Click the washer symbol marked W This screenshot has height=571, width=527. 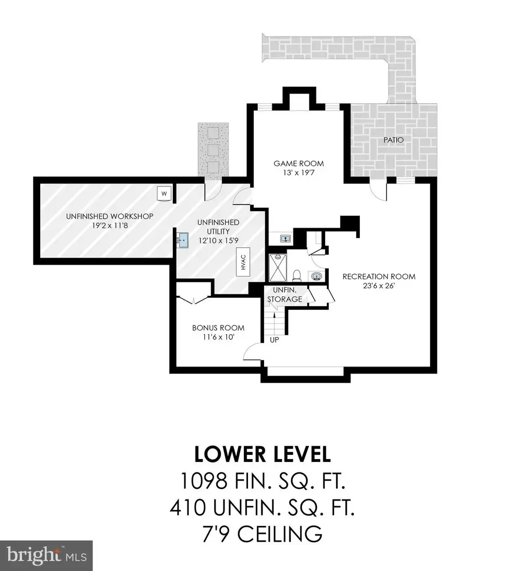coord(164,193)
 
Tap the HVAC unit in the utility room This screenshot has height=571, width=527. coord(243,262)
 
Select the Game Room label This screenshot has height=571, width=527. coord(298,163)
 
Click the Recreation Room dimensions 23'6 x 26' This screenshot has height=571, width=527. coord(379,286)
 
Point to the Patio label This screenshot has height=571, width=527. coord(394,140)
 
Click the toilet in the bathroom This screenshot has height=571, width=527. coord(297,275)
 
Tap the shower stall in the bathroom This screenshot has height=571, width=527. coord(278,268)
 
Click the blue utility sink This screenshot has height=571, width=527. coord(182,240)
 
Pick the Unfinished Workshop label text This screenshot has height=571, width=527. coord(110,216)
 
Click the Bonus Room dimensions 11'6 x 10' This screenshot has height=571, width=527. coord(218,337)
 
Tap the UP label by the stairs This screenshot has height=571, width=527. coord(274,340)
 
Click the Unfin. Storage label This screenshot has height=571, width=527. coord(285,294)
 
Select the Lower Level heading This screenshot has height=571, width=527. coord(262,454)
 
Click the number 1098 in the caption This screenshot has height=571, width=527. coord(204,481)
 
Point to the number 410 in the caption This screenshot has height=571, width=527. coord(188,508)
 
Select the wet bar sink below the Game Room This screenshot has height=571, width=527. coord(285,239)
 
